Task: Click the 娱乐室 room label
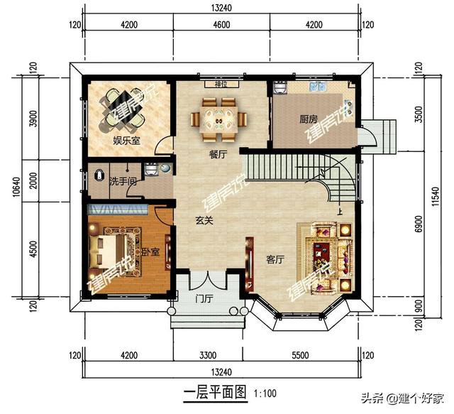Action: [x=126, y=141]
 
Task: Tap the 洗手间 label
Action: [x=122, y=181]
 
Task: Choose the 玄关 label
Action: [x=205, y=221]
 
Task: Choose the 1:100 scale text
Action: [x=264, y=392]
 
